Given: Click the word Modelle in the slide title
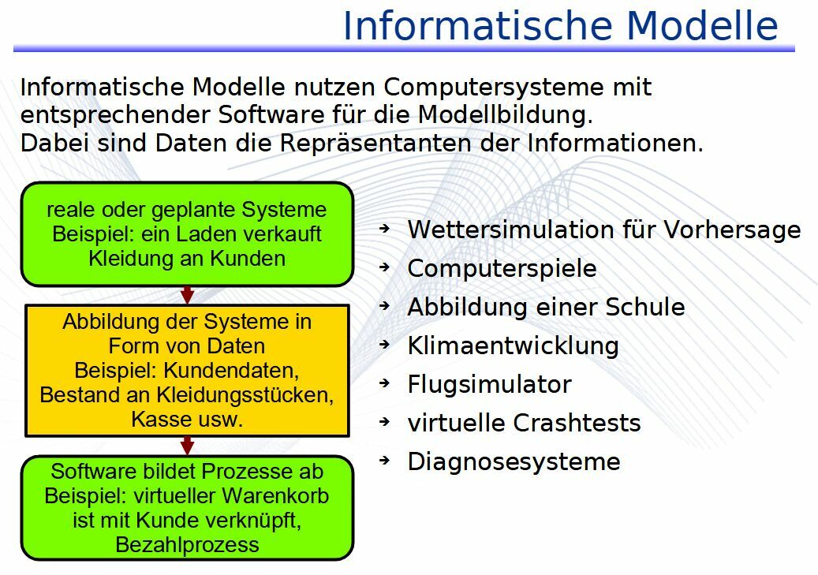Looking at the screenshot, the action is [702, 25].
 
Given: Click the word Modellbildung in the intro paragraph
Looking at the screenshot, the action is [505, 115].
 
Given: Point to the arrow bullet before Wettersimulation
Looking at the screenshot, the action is [385, 228].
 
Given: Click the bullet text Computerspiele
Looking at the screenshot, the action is [502, 269].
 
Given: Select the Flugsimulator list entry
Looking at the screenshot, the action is [489, 385].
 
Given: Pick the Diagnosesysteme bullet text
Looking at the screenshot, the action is [514, 461].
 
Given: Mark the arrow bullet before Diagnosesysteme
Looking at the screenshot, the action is [385, 460].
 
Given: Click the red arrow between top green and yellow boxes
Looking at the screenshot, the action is [187, 295].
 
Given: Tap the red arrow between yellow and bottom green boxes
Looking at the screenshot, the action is [187, 446].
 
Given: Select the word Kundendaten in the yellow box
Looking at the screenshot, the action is [231, 371].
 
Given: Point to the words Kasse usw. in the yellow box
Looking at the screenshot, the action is [187, 420].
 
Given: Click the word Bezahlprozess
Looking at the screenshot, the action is [187, 545].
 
